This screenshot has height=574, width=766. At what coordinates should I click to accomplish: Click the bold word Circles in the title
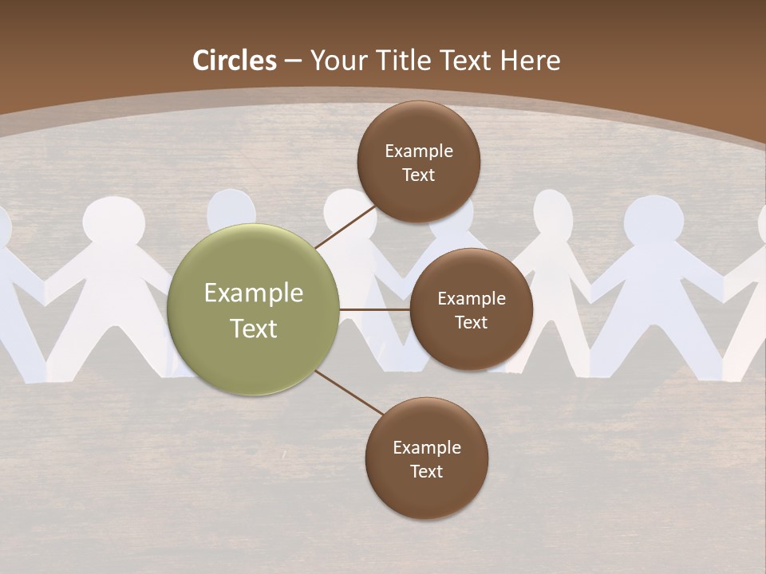[x=235, y=61]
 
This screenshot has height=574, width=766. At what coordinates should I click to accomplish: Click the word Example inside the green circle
[x=254, y=293]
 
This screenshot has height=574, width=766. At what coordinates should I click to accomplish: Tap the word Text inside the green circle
[x=254, y=328]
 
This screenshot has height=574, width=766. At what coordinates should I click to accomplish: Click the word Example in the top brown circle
[x=418, y=151]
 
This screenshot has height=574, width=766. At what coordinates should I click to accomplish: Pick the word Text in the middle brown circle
[x=471, y=322]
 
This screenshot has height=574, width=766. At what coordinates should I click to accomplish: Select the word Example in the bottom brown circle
[x=426, y=447]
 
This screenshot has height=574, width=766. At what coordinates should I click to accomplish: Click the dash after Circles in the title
[x=293, y=61]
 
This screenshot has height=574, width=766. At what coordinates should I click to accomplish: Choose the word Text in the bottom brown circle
[x=426, y=471]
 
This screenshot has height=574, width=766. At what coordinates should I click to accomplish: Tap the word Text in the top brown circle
[x=418, y=175]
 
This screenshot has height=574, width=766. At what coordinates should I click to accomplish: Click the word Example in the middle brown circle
[x=471, y=298]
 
